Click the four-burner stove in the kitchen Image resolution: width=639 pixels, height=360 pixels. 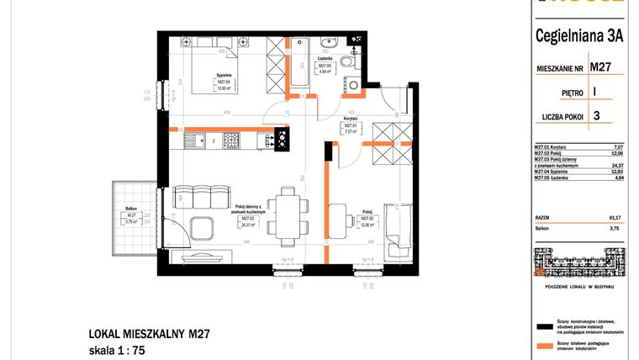[281, 139]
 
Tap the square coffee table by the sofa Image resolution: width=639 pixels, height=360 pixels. [203, 227]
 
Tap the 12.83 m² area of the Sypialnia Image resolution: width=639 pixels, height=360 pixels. [223, 87]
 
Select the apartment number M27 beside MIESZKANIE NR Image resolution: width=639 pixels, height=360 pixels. [599, 66]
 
